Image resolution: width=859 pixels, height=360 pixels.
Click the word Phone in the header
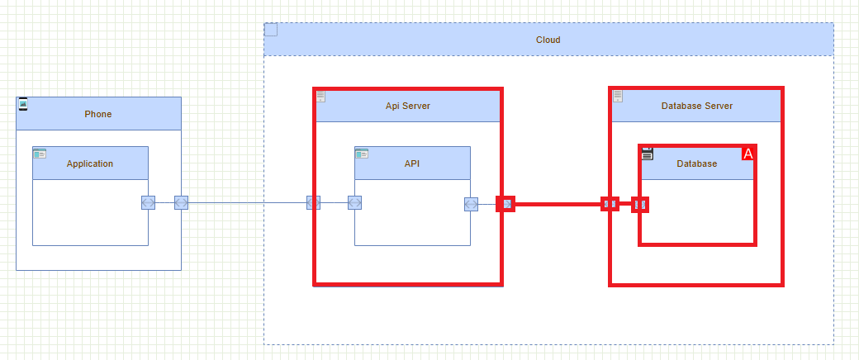pyautogui.click(x=97, y=114)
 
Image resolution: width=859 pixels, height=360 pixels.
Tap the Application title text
pyautogui.click(x=90, y=163)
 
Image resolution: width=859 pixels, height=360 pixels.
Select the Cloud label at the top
pyautogui.click(x=548, y=40)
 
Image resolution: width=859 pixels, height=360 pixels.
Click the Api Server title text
pyautogui.click(x=407, y=106)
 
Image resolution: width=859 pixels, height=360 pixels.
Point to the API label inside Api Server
pyautogui.click(x=412, y=163)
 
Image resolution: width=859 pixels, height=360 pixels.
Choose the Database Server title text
pyautogui.click(x=696, y=106)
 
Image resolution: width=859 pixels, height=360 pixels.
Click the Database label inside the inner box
pyautogui.click(x=696, y=163)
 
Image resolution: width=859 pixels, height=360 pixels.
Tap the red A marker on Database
pyautogui.click(x=748, y=154)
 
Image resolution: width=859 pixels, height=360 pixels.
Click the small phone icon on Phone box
pyautogui.click(x=23, y=104)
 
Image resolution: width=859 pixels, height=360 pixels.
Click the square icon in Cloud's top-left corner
pyautogui.click(x=271, y=30)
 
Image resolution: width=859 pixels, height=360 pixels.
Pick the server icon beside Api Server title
pyautogui.click(x=320, y=97)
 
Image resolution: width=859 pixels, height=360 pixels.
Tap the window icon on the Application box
pyautogui.click(x=40, y=154)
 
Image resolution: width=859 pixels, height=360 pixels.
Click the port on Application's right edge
pyautogui.click(x=148, y=202)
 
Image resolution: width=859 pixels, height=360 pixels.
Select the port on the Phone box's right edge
pyautogui.click(x=181, y=202)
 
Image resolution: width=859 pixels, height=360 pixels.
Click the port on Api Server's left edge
pyautogui.click(x=313, y=202)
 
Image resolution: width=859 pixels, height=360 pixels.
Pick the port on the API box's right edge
pyautogui.click(x=470, y=203)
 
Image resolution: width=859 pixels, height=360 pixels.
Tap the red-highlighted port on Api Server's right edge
pyautogui.click(x=505, y=203)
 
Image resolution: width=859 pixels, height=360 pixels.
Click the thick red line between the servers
pyautogui.click(x=558, y=203)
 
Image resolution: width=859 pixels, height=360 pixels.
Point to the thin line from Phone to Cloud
pyautogui.click(x=248, y=202)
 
